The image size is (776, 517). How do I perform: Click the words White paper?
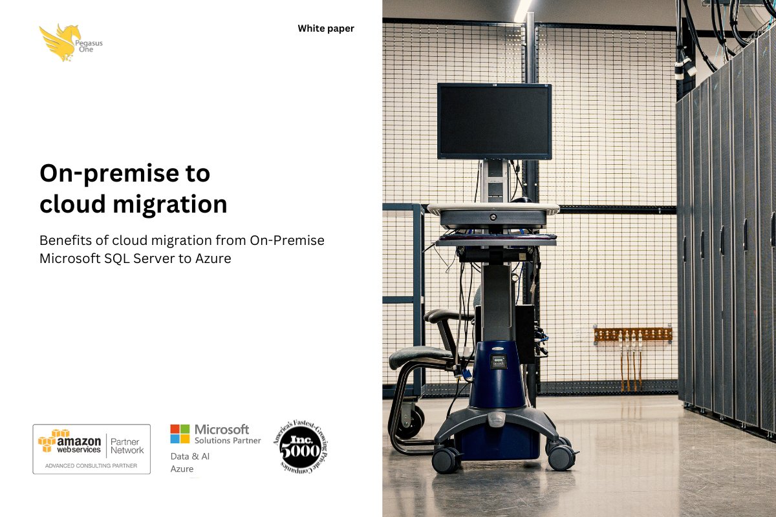(x=326, y=28)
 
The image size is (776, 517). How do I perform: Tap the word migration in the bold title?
(x=170, y=204)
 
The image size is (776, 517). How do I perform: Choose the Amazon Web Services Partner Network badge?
(x=92, y=448)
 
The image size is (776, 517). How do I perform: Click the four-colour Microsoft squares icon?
(x=180, y=434)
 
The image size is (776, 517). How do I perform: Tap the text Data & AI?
(x=190, y=456)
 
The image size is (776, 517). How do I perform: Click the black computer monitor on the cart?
(x=494, y=121)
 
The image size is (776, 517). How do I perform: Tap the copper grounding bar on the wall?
(x=632, y=334)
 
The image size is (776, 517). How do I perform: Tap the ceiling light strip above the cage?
(x=523, y=9)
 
